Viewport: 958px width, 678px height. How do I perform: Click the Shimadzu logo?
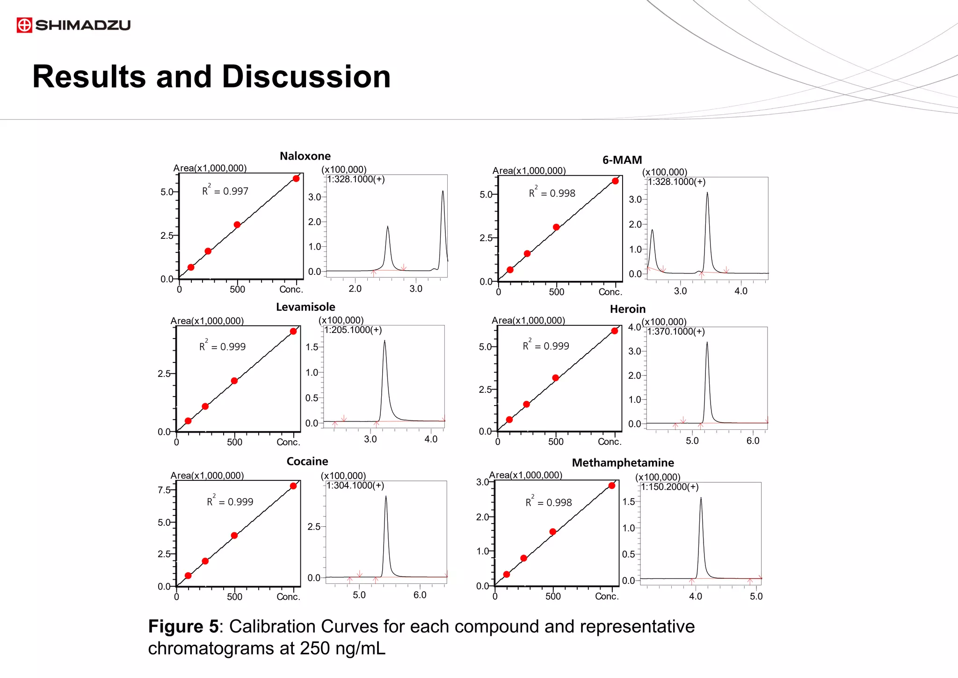click(x=73, y=25)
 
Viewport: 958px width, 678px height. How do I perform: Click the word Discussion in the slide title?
click(x=306, y=77)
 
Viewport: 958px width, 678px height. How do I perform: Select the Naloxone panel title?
click(x=305, y=156)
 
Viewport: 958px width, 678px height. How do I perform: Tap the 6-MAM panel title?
click(x=622, y=160)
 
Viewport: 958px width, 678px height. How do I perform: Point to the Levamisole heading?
click(x=305, y=307)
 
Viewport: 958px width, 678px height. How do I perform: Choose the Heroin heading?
click(x=627, y=309)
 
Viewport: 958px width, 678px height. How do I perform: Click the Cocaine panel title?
click(x=307, y=461)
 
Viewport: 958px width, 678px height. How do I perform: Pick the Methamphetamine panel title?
click(x=623, y=463)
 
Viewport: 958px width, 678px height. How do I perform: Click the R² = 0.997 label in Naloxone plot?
click(x=225, y=191)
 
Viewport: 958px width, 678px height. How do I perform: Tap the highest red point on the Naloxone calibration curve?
click(x=296, y=178)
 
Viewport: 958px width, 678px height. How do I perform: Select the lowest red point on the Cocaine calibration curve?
click(x=188, y=575)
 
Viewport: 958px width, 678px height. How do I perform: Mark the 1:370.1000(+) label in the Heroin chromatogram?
click(x=676, y=332)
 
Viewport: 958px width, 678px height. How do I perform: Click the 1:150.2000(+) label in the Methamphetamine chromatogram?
click(x=670, y=487)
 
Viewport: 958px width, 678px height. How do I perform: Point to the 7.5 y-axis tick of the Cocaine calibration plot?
click(x=164, y=490)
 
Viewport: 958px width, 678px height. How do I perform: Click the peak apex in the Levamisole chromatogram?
click(x=385, y=341)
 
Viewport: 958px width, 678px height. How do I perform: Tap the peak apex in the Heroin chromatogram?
click(x=707, y=343)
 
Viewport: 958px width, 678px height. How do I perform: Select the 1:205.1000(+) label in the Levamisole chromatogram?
click(x=353, y=330)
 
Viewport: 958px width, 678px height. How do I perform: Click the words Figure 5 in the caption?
click(x=183, y=626)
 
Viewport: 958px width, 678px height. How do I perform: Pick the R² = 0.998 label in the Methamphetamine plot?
click(x=548, y=502)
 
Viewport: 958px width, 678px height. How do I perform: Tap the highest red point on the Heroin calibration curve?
click(x=615, y=331)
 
